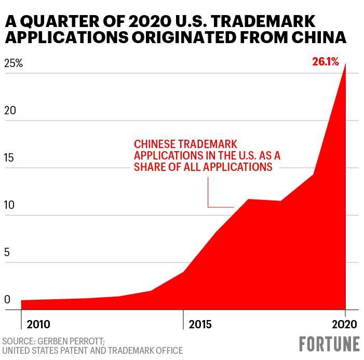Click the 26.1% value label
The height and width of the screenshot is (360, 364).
point(325,62)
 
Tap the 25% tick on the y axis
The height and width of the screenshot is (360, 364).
point(14,63)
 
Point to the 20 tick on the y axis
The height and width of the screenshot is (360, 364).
point(10,111)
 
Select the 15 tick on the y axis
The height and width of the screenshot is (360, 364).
point(9,158)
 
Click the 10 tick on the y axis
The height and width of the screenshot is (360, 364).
point(9,205)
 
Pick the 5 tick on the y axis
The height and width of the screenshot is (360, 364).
point(7,252)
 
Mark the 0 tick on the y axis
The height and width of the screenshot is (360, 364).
point(7,300)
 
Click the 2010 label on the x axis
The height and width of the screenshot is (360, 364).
point(38,325)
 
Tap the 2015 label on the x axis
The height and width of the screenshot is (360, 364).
point(200,325)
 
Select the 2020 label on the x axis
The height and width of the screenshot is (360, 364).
point(344,325)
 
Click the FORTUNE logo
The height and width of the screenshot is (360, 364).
point(329,344)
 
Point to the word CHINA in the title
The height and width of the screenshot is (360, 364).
point(319,37)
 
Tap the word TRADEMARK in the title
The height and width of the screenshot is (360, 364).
point(263,21)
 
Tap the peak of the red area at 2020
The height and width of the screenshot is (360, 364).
point(346,63)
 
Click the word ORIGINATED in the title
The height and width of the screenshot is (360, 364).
point(184,37)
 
